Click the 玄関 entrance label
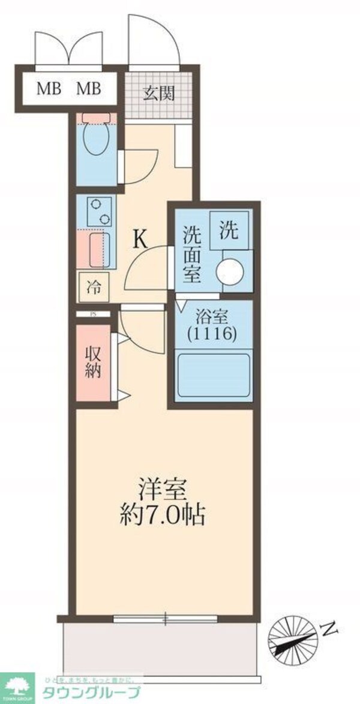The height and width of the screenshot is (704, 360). point(158,93)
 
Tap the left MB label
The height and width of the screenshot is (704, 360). point(49,90)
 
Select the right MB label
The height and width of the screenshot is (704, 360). point(88,90)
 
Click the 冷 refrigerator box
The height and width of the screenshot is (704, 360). point(94,287)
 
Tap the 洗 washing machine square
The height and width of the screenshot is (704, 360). point(229,232)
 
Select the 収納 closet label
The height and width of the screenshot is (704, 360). point(92,363)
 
